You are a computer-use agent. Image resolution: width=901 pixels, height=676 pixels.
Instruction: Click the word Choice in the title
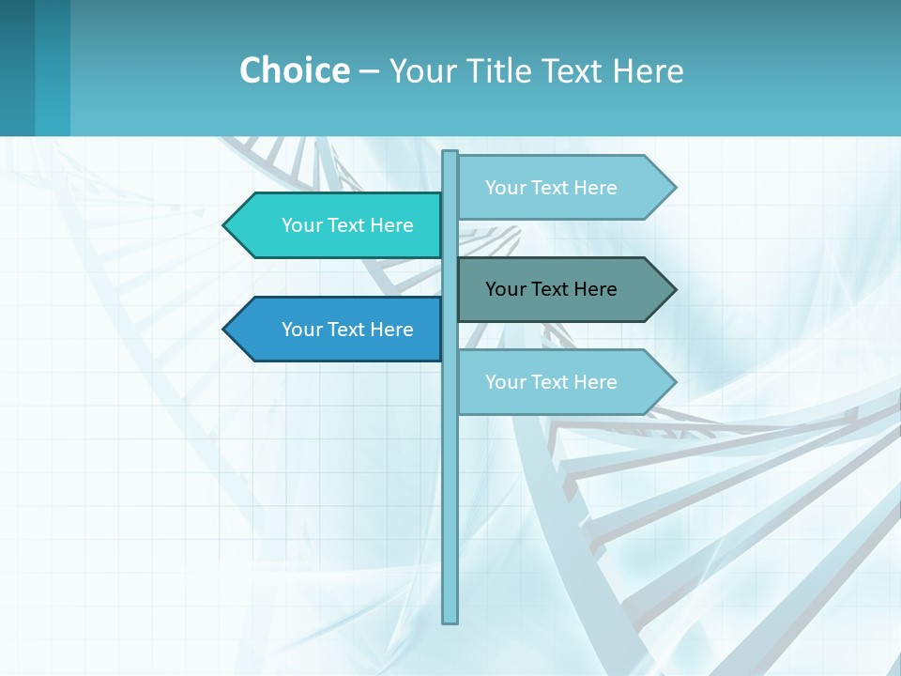coord(294,70)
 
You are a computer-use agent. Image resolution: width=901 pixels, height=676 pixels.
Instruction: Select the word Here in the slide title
coord(648,70)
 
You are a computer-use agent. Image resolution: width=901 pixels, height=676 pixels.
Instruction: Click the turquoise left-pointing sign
coord(338,225)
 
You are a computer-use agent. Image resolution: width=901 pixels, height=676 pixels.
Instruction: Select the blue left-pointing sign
coord(338,330)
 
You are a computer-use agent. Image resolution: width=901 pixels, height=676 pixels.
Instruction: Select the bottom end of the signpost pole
coord(450,620)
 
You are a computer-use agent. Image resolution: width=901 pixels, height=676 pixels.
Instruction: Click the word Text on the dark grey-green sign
coord(550,289)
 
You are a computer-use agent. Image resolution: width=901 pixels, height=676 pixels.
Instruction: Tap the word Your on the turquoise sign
coord(301,225)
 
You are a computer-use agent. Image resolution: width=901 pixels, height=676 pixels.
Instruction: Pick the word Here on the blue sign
coord(391,330)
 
